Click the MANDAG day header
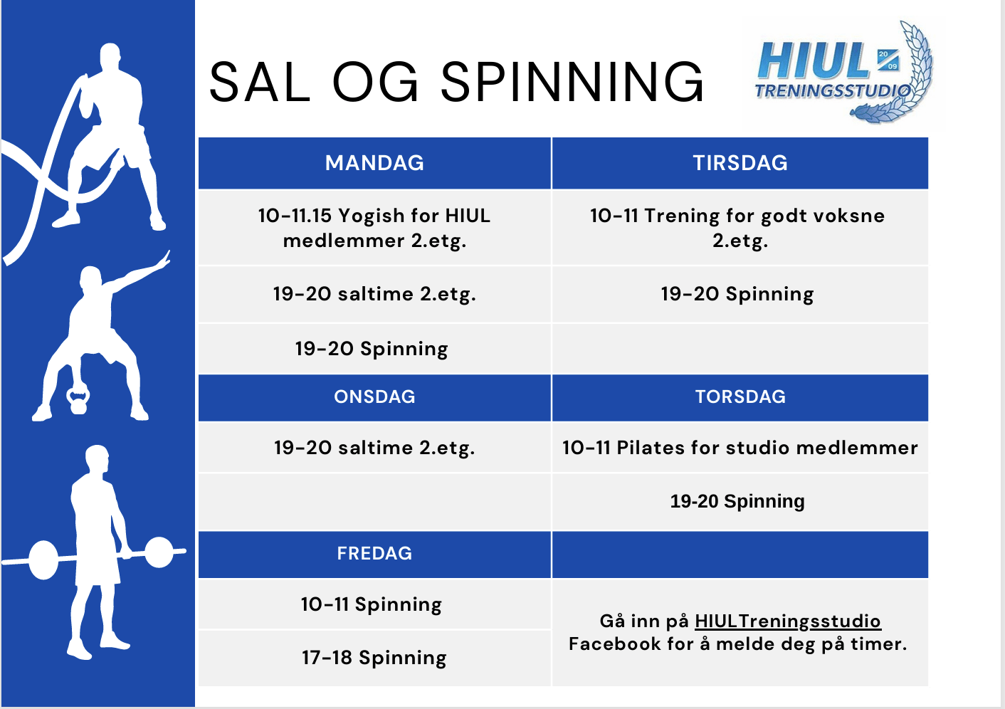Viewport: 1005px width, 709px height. (374, 163)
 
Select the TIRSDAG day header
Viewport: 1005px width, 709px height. (740, 163)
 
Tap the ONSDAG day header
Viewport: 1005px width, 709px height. (374, 397)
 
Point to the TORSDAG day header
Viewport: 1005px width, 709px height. (740, 397)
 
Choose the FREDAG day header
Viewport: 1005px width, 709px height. (374, 554)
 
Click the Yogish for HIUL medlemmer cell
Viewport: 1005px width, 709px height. (374, 228)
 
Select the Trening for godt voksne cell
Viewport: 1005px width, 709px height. (740, 228)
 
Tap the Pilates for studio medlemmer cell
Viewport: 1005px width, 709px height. (740, 447)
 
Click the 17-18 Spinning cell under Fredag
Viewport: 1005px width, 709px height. (374, 658)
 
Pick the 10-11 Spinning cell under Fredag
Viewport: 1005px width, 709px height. (374, 604)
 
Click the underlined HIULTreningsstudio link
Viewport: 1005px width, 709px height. (788, 621)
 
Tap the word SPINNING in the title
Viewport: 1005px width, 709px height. (572, 83)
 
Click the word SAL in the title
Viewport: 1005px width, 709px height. (260, 83)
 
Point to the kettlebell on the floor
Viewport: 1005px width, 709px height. (78, 400)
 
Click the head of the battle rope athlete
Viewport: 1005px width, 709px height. (110, 56)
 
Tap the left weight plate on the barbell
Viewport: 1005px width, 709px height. (43, 560)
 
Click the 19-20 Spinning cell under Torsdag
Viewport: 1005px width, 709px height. (740, 502)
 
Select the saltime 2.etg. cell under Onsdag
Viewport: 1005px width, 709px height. (374, 447)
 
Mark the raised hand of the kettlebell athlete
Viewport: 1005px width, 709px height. (163, 261)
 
